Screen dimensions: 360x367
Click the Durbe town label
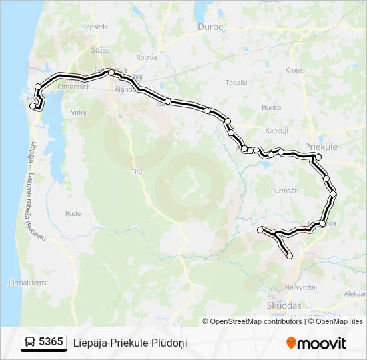tap(210, 27)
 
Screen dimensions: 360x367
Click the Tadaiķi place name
tap(236, 83)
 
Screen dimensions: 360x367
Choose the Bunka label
tap(271, 107)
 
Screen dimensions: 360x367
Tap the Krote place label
tap(294, 69)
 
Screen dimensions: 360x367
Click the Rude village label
tap(73, 213)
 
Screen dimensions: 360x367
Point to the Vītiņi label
tap(79, 113)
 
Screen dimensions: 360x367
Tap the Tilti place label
tap(137, 171)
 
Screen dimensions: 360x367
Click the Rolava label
tap(146, 57)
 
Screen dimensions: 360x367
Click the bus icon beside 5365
tap(30, 343)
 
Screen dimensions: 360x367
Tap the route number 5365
tap(51, 343)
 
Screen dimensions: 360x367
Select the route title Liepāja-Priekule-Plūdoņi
tap(130, 343)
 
